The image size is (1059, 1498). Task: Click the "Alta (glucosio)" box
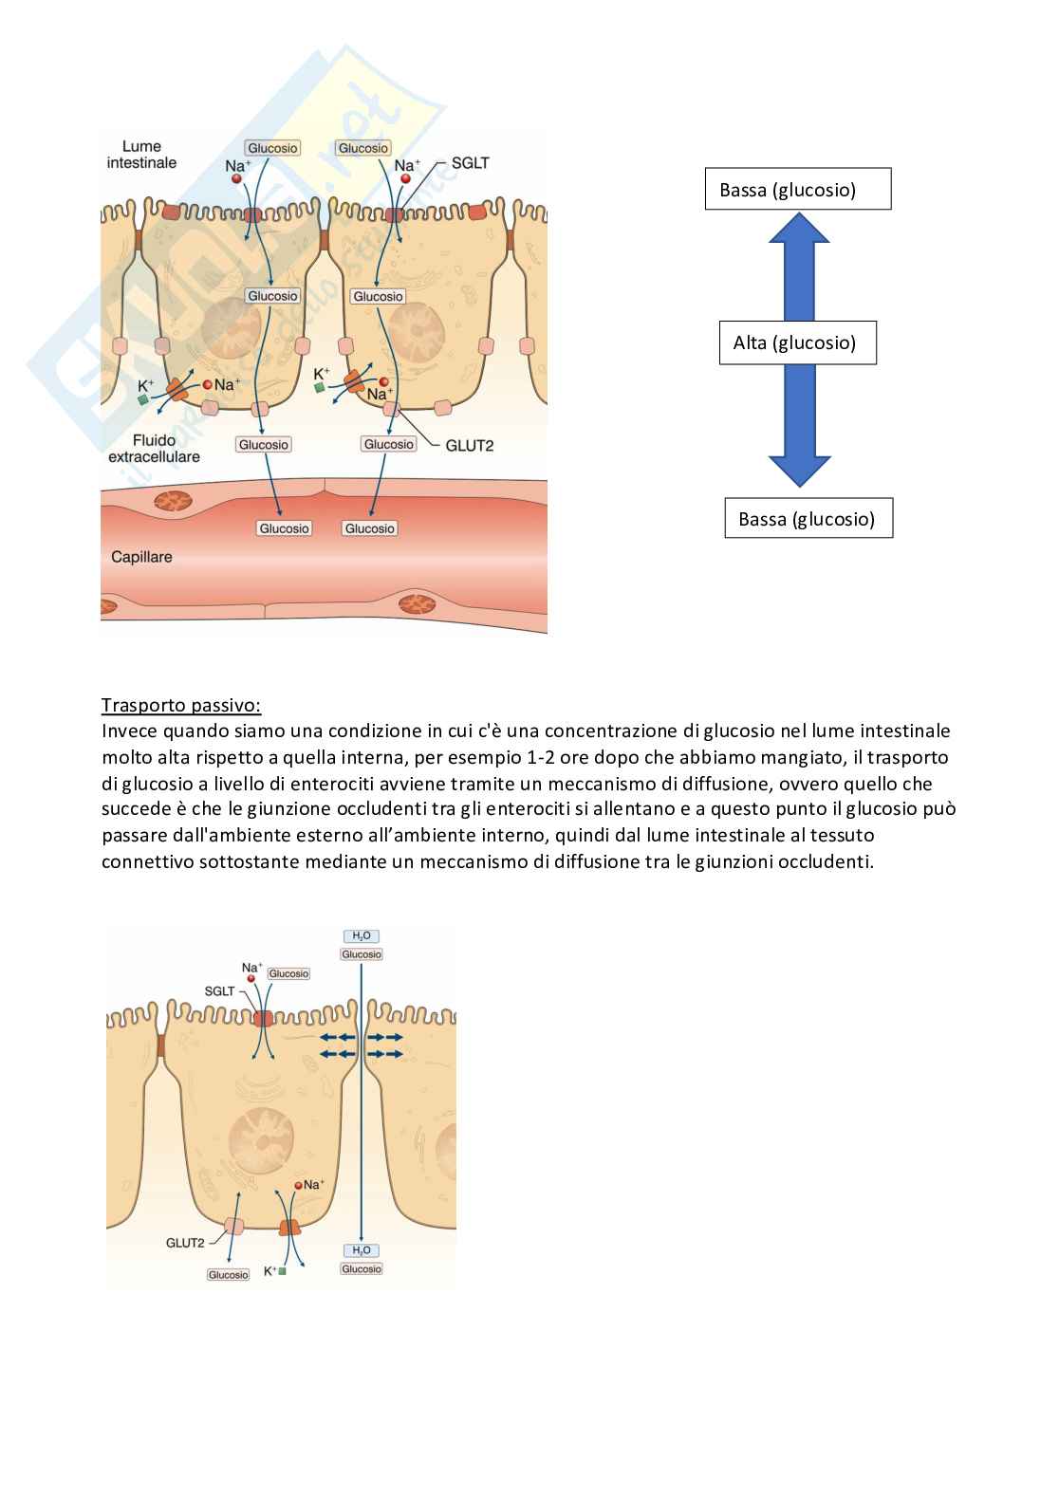click(x=794, y=342)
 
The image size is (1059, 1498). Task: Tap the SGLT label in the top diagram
click(x=470, y=163)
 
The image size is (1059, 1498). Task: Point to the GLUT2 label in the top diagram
click(x=469, y=445)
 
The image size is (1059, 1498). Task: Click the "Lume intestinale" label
click(x=141, y=155)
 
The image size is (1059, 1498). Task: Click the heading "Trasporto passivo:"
click(x=180, y=706)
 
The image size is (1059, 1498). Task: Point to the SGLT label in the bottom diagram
click(x=219, y=991)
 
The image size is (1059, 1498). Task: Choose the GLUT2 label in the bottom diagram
click(x=185, y=1243)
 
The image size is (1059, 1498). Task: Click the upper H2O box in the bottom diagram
click(x=362, y=936)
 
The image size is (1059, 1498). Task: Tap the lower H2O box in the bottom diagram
click(x=362, y=1250)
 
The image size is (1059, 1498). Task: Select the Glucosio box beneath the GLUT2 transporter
click(x=228, y=1275)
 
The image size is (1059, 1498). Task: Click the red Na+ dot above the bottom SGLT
click(x=251, y=978)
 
